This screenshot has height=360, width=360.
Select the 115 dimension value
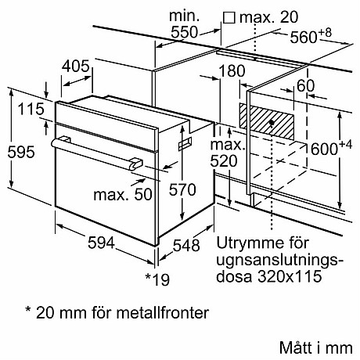32,110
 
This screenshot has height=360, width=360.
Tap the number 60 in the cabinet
305,85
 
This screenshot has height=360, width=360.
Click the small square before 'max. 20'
230,16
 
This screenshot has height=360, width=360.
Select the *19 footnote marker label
158,278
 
